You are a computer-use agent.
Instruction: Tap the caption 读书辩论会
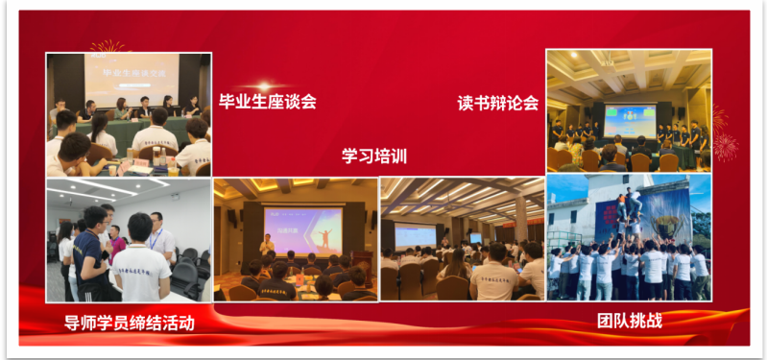click(498, 103)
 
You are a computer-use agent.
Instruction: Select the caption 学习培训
click(374, 156)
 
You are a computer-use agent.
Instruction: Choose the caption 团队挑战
click(630, 320)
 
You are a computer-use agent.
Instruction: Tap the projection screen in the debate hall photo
click(629, 118)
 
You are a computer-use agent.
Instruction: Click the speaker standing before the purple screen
click(268, 245)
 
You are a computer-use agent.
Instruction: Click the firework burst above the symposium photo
click(107, 45)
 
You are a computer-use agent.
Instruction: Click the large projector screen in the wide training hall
click(415, 235)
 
